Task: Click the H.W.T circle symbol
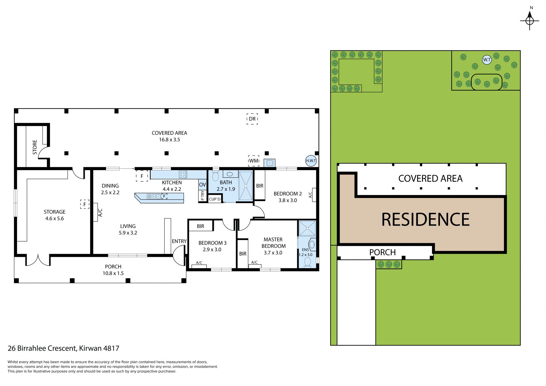pyautogui.click(x=311, y=161)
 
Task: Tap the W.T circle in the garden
pyautogui.click(x=487, y=60)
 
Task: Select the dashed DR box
pyautogui.click(x=252, y=119)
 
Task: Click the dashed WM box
pyautogui.click(x=254, y=161)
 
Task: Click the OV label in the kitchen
pyautogui.click(x=202, y=185)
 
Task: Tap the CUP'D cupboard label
pyautogui.click(x=215, y=199)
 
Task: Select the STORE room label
pyautogui.click(x=35, y=147)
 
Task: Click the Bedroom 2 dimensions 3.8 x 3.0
pyautogui.click(x=288, y=200)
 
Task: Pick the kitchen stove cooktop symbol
pyautogui.click(x=183, y=174)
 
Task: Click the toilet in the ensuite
pyautogui.click(x=307, y=262)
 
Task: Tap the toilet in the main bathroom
pyautogui.click(x=216, y=175)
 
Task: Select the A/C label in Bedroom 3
pyautogui.click(x=199, y=263)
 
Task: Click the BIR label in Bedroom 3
pyautogui.click(x=200, y=226)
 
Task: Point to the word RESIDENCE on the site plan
pyautogui.click(x=425, y=219)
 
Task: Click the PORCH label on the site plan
pyautogui.click(x=382, y=252)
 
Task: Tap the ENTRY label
pyautogui.click(x=179, y=241)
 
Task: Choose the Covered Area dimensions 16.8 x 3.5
pyautogui.click(x=169, y=140)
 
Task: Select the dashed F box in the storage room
pyautogui.click(x=85, y=204)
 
